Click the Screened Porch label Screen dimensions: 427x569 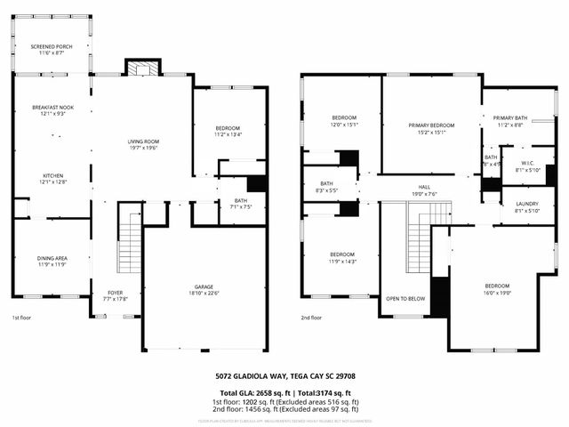click(x=52, y=47)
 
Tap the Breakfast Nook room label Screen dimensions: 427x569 click(x=52, y=108)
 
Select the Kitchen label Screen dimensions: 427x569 click(x=52, y=176)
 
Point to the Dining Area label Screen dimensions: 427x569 click(x=52, y=258)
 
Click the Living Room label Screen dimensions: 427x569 click(x=142, y=141)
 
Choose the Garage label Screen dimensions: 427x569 click(x=204, y=286)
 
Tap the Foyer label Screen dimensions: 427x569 click(x=116, y=292)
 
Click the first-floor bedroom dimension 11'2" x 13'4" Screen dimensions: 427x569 click(x=228, y=135)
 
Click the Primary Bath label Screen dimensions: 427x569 click(x=510, y=118)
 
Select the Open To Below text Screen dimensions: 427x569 click(x=405, y=298)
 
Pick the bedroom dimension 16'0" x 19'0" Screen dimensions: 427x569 click(x=496, y=291)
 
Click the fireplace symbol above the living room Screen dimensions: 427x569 click(x=141, y=68)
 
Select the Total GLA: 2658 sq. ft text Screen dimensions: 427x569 click(x=253, y=391)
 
